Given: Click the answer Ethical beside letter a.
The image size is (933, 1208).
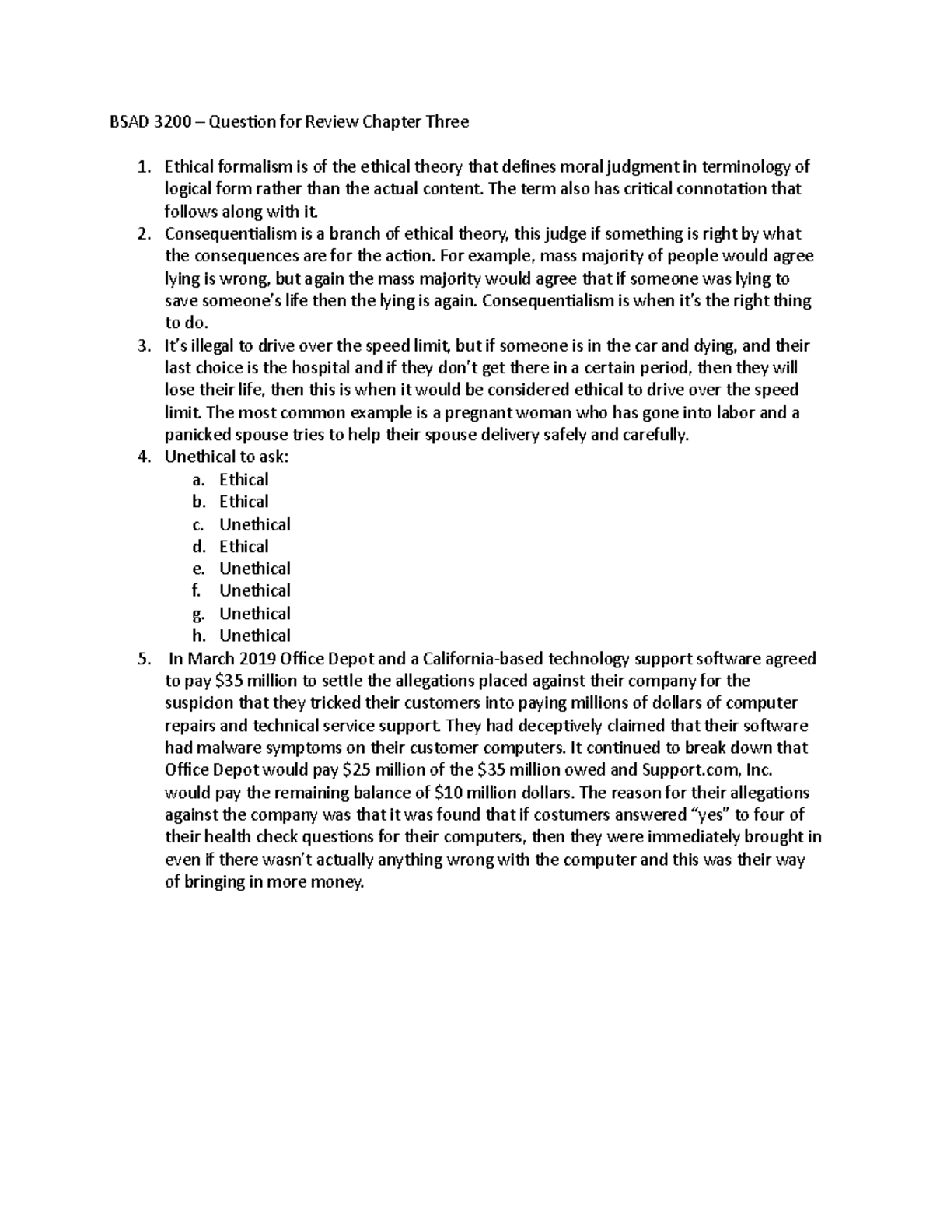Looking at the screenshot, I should coord(243,480).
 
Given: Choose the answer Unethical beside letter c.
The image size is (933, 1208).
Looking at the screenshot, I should coord(254,525).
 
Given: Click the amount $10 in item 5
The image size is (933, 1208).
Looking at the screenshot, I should coord(449,793).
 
